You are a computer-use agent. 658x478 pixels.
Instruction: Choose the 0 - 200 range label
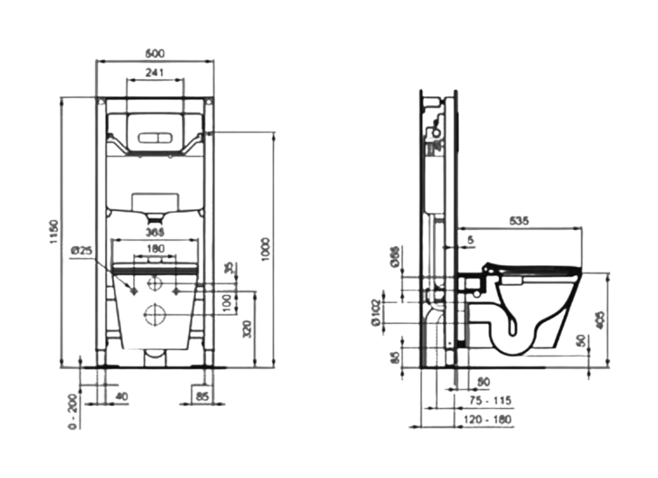(x=72, y=412)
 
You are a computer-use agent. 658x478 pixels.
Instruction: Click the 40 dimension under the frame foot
(x=122, y=395)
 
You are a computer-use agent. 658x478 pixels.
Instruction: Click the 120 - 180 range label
(x=488, y=420)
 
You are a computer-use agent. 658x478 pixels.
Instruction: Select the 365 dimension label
(x=156, y=232)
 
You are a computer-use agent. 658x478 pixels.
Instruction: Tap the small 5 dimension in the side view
(x=471, y=240)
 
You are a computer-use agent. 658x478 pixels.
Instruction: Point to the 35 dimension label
(x=228, y=269)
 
